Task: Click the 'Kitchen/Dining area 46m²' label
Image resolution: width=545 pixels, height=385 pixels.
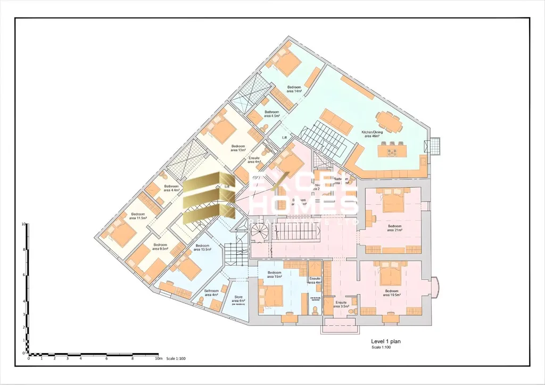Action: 372,133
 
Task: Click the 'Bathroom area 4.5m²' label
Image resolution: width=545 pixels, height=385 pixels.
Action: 272,114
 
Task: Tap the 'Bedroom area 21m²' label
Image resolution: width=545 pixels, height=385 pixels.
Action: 394,228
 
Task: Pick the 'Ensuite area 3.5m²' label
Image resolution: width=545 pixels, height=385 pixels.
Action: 341,305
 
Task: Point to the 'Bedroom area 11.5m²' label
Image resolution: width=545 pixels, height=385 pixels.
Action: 137,216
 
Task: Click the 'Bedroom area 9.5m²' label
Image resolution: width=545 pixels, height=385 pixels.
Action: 160,247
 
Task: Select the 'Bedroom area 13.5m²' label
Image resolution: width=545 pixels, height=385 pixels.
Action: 203,247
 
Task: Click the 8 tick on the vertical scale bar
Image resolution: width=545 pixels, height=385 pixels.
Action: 24,249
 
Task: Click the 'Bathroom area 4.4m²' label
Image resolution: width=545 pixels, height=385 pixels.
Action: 171,188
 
